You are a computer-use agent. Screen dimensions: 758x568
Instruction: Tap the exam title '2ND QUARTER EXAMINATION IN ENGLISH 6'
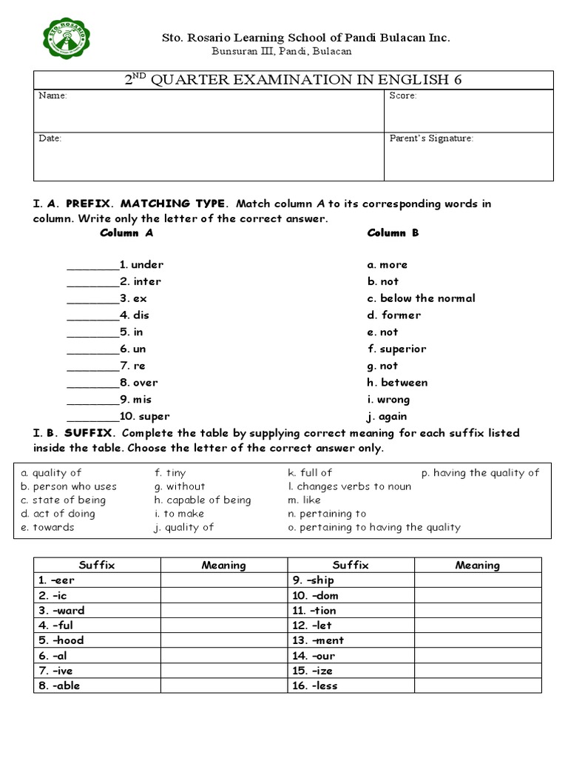pos(293,80)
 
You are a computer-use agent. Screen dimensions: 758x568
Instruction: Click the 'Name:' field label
pos(53,96)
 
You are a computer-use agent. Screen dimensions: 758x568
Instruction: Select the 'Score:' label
pos(403,96)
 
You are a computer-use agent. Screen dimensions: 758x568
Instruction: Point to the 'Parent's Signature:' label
pos(431,138)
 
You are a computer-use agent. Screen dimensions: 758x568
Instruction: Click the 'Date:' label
pos(50,138)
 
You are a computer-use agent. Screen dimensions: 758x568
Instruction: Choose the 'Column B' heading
pos(393,233)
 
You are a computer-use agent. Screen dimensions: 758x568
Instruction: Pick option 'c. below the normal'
pos(421,298)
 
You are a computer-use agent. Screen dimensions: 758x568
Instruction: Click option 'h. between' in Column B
pos(397,383)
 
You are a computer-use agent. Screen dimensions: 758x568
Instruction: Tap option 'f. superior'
pos(396,349)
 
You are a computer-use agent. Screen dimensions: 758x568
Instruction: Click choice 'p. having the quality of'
pos(480,473)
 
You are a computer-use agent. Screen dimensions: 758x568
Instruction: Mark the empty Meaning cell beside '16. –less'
pos(477,685)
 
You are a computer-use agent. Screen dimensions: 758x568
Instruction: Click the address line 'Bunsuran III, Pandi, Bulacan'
pos(281,51)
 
